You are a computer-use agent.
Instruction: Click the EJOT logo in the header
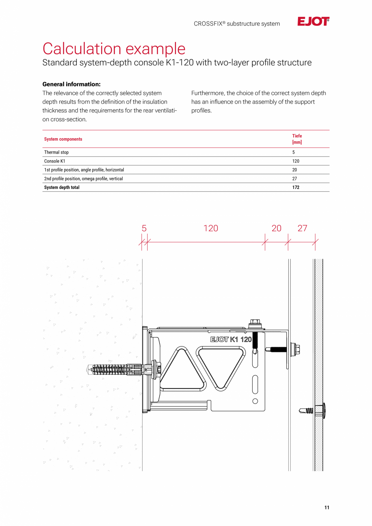tap(313, 22)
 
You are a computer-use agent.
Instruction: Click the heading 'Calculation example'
tap(114, 49)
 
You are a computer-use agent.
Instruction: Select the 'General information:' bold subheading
tap(72, 84)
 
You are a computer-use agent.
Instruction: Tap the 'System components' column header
tap(63, 139)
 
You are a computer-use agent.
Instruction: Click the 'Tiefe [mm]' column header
tap(297, 139)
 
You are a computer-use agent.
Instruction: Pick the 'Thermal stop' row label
tap(56, 152)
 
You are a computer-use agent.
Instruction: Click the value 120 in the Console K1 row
tap(296, 161)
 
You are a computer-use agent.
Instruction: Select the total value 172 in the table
tap(296, 188)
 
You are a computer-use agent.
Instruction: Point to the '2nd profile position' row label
tap(83, 179)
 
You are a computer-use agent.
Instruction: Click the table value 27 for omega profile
tap(294, 179)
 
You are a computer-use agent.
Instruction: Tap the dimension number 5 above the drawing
tap(144, 228)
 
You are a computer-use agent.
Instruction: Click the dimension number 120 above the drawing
tap(211, 228)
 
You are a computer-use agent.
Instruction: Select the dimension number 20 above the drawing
tap(277, 228)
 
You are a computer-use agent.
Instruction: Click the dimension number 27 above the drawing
tap(302, 228)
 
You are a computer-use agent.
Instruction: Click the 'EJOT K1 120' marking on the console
tap(231, 339)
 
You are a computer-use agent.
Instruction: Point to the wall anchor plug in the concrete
tap(115, 369)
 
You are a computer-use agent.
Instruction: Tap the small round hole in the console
tap(255, 401)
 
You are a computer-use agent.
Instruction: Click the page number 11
tap(327, 508)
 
